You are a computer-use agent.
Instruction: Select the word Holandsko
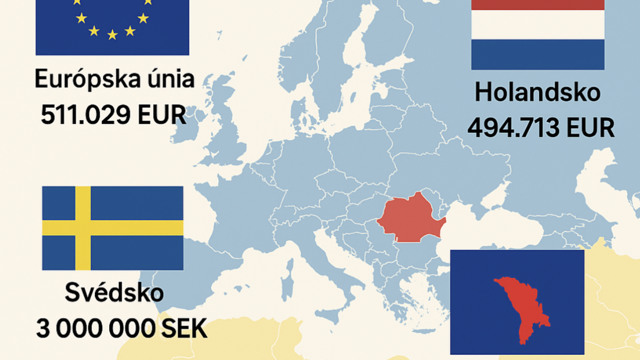pos(538,93)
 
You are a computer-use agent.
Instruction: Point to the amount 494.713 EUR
pos(541,128)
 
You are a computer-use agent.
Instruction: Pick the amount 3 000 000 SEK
pos(122,329)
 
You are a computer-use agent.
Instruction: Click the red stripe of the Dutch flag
pos(538,5)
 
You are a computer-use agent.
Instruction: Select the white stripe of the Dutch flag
pos(538,25)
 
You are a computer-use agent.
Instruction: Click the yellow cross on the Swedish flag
pos(83,228)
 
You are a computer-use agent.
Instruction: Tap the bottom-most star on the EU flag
pos(112,35)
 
